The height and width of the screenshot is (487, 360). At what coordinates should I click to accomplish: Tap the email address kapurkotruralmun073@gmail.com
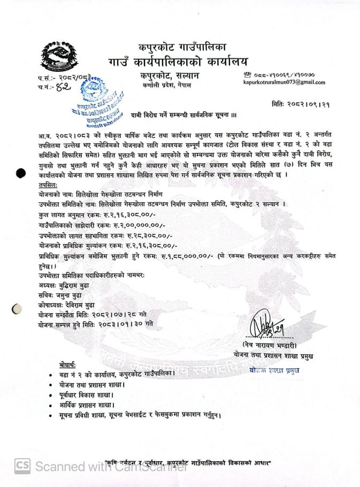click(x=284, y=82)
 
